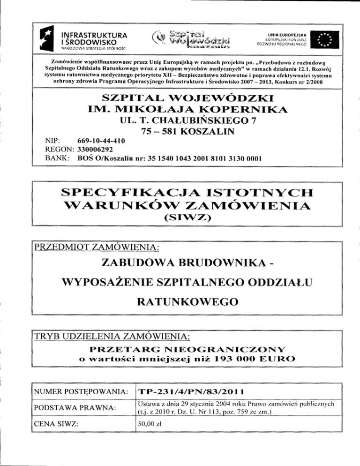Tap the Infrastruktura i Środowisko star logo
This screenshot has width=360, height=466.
pos(49,39)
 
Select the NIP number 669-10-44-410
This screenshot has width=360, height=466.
pos(103,141)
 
